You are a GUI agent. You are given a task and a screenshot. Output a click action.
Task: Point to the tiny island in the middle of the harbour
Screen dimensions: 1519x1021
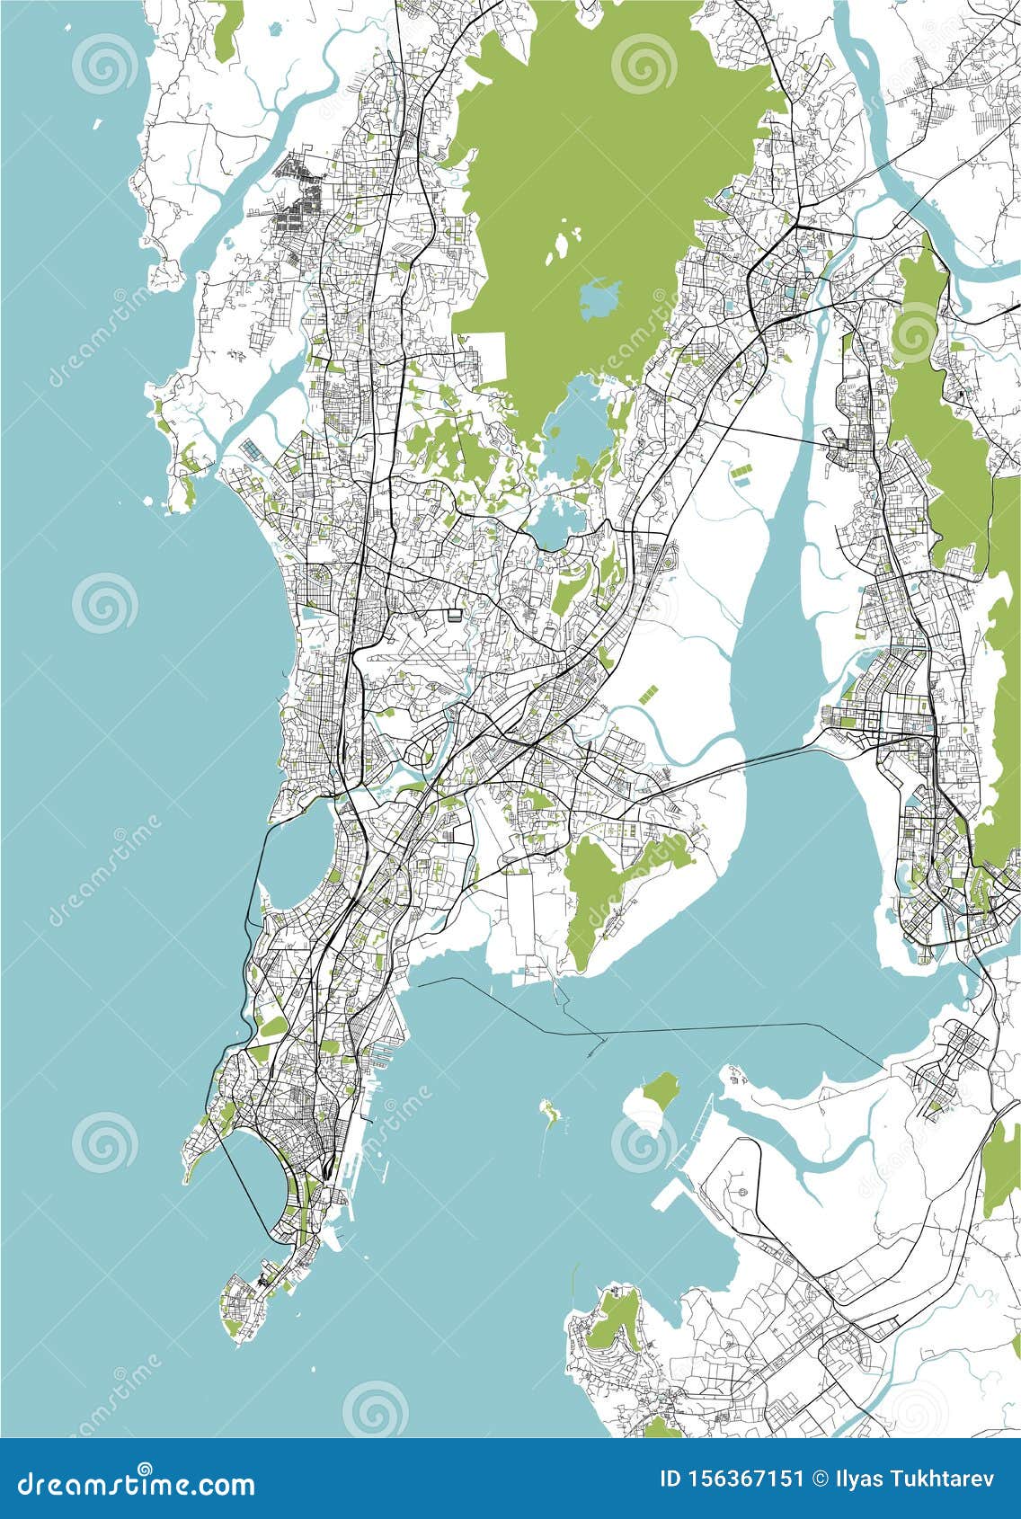548,1112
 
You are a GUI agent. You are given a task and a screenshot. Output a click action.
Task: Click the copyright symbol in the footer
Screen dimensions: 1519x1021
820,1479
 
